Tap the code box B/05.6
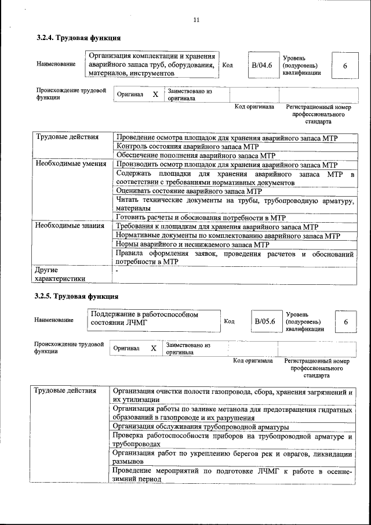(x=264, y=321)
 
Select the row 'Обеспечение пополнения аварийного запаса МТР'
(x=196, y=155)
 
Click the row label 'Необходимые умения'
(x=70, y=164)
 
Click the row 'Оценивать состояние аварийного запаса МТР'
(x=190, y=191)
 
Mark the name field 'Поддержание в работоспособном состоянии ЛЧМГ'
(x=145, y=319)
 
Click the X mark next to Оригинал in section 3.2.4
(x=155, y=94)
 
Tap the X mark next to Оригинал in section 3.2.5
(x=154, y=348)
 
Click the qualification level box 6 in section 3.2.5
(x=345, y=321)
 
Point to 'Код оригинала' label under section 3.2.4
(x=254, y=107)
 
